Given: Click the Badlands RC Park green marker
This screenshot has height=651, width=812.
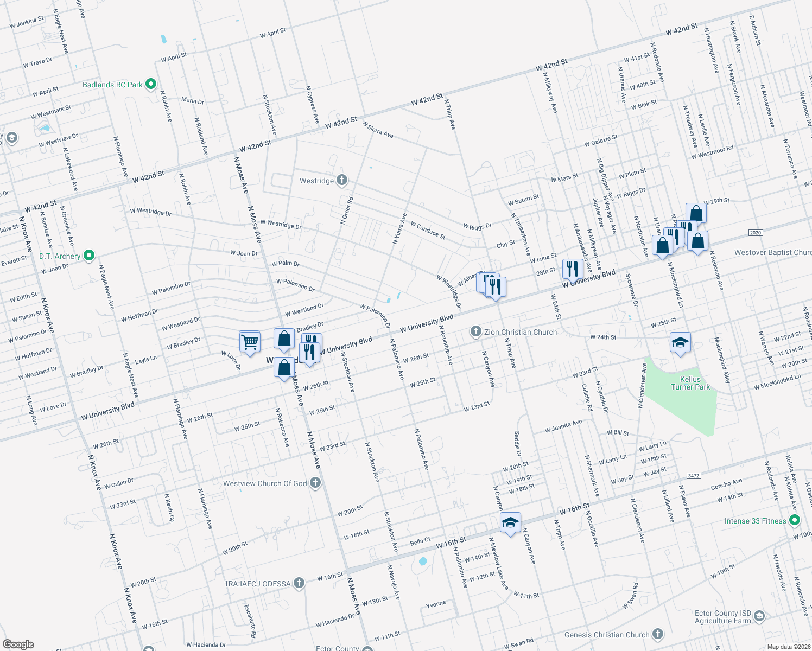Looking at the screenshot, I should (151, 84).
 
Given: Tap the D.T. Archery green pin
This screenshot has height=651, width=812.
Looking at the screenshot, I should (90, 256).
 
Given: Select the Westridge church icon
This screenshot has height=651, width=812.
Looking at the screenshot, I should (341, 180).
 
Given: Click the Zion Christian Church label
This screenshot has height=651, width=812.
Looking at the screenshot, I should (520, 332).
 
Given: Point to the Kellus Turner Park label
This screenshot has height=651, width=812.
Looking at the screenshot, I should (690, 383).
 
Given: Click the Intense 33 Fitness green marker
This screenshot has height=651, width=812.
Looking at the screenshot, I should (795, 521).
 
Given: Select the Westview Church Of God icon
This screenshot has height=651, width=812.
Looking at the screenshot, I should (315, 483).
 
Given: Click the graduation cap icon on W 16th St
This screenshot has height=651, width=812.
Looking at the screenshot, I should (510, 522).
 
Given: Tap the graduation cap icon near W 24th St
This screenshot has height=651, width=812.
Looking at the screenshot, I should (680, 342).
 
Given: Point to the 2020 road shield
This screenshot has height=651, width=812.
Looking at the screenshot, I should (755, 233).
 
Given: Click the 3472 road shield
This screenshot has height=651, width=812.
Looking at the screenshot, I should (694, 476).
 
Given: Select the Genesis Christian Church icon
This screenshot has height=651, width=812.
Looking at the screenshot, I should (658, 634).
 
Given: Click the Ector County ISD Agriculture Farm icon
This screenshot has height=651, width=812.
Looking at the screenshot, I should (759, 616).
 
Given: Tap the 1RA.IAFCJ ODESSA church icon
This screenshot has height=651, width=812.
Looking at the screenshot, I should (299, 583).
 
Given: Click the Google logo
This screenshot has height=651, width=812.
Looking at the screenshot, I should (18, 644).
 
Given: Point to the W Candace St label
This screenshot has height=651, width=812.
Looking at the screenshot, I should (428, 230).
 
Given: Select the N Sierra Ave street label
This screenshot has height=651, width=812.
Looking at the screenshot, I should (378, 130).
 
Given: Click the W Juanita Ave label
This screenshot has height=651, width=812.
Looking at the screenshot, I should (563, 426).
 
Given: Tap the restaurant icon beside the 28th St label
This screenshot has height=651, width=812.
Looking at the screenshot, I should (572, 269).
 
